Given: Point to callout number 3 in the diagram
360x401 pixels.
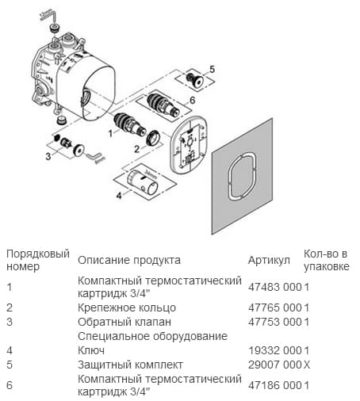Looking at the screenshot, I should pyautogui.click(x=48, y=158).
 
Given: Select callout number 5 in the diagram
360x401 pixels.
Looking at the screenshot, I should pyautogui.click(x=212, y=70).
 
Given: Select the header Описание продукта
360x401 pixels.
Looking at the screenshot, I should pyautogui.click(x=128, y=261).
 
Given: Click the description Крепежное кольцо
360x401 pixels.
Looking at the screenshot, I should pyautogui.click(x=126, y=307).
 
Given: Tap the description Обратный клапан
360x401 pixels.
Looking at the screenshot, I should pyautogui.click(x=124, y=322).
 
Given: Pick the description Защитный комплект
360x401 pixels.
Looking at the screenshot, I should pyautogui.click(x=130, y=365).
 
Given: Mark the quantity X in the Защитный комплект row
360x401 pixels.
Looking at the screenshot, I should pyautogui.click(x=307, y=365).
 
